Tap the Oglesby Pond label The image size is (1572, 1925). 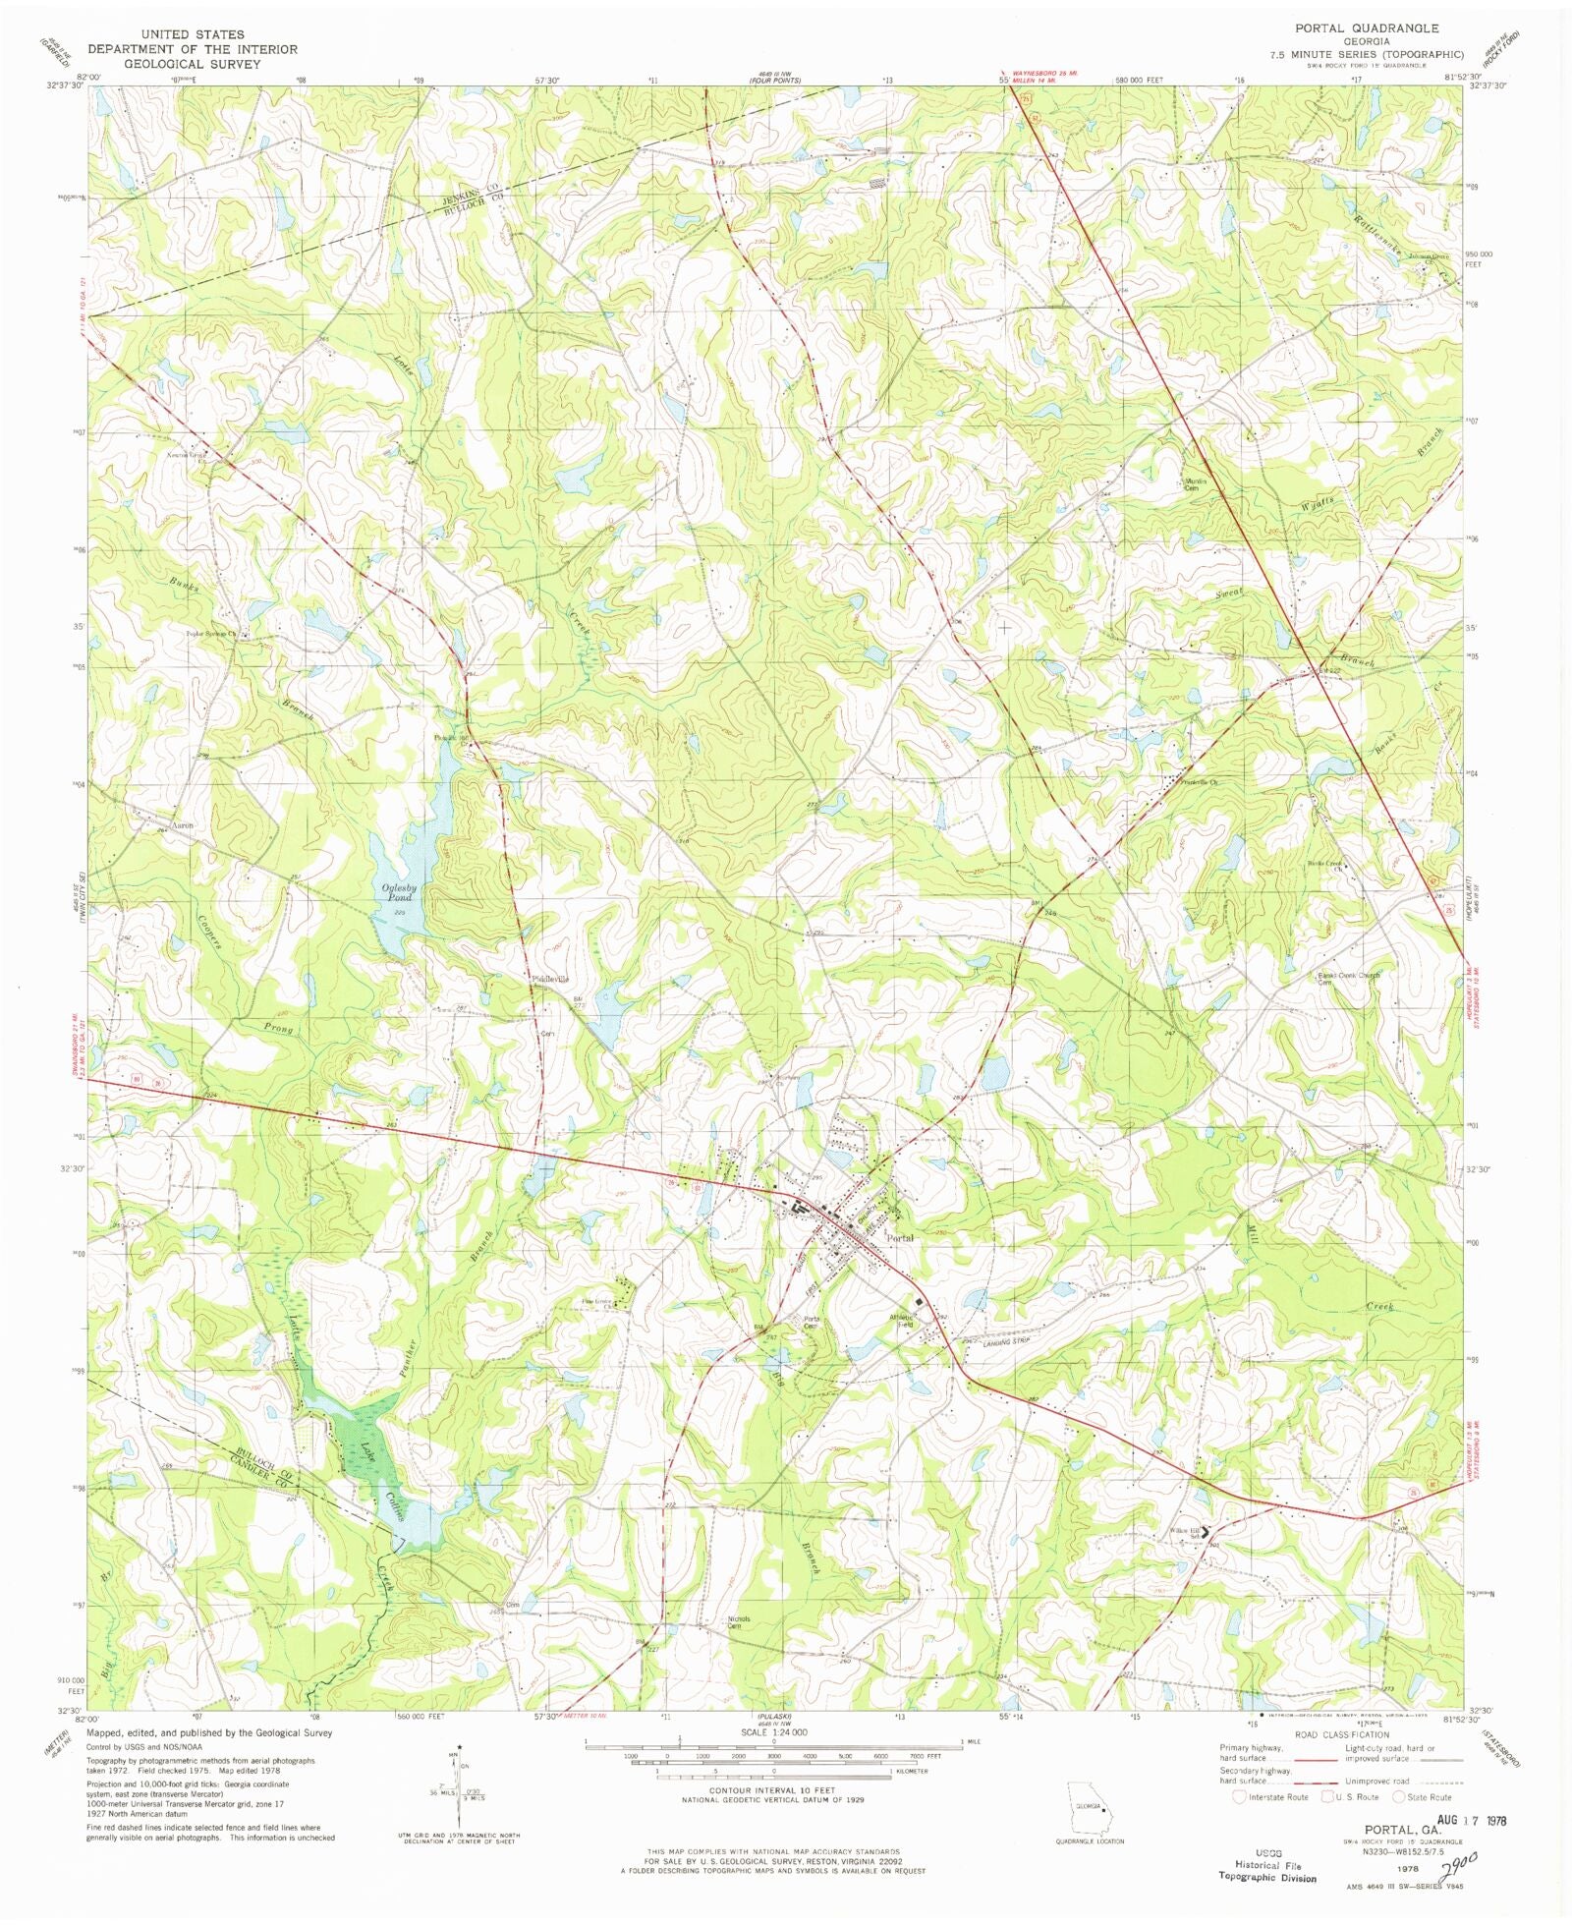399,892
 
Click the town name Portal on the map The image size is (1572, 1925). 899,1238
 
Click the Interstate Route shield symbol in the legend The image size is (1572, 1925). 1240,1796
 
